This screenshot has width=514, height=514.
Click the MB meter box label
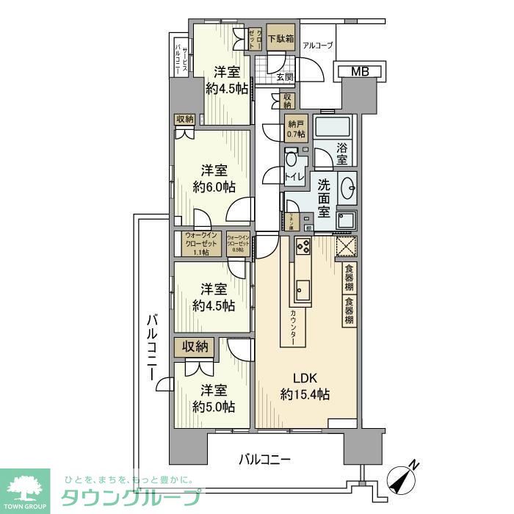360,71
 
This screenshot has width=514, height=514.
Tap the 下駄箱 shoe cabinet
280,39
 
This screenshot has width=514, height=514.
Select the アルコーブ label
318,46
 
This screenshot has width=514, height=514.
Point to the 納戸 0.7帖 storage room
296,128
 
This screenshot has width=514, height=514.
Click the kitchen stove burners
303,247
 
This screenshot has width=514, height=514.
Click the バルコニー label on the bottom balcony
265,460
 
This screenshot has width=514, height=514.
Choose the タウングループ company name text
129,496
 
